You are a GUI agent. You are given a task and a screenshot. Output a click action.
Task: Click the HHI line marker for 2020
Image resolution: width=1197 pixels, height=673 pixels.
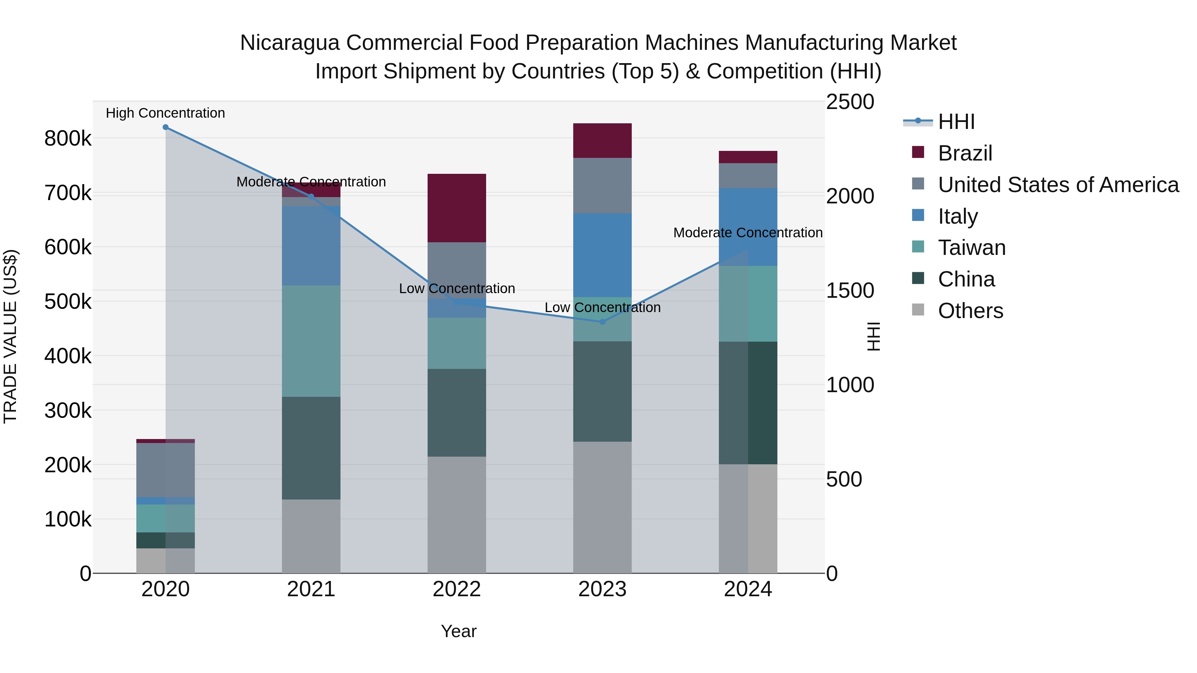click(166, 127)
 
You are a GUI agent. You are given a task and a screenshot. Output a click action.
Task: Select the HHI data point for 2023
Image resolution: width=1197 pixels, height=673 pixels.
click(602, 322)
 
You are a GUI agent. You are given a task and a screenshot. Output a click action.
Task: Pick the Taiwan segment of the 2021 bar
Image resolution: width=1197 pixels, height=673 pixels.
click(311, 341)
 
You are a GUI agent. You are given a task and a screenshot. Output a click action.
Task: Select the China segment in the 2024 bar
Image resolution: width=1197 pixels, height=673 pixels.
click(748, 403)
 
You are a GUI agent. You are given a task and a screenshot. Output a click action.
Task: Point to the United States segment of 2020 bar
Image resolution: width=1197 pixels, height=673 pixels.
click(166, 470)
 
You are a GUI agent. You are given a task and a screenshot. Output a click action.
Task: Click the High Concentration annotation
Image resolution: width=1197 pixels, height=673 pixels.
click(166, 113)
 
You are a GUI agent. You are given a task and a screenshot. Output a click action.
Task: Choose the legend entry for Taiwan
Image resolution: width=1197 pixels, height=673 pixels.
click(971, 248)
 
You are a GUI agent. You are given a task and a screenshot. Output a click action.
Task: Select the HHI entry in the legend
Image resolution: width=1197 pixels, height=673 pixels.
click(956, 122)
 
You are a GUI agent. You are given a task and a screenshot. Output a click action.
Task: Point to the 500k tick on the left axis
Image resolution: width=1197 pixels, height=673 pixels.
click(68, 301)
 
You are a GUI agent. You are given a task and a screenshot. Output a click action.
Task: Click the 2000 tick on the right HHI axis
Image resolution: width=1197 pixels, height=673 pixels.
click(850, 196)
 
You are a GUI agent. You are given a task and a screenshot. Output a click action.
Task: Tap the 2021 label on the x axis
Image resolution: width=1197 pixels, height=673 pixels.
click(311, 589)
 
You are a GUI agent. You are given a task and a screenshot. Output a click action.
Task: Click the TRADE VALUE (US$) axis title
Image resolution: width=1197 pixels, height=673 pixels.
click(10, 336)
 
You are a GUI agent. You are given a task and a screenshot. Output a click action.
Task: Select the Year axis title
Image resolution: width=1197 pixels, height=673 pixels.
click(458, 631)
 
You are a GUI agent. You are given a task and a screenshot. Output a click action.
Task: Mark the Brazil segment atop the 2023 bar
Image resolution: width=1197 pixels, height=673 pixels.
click(602, 141)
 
